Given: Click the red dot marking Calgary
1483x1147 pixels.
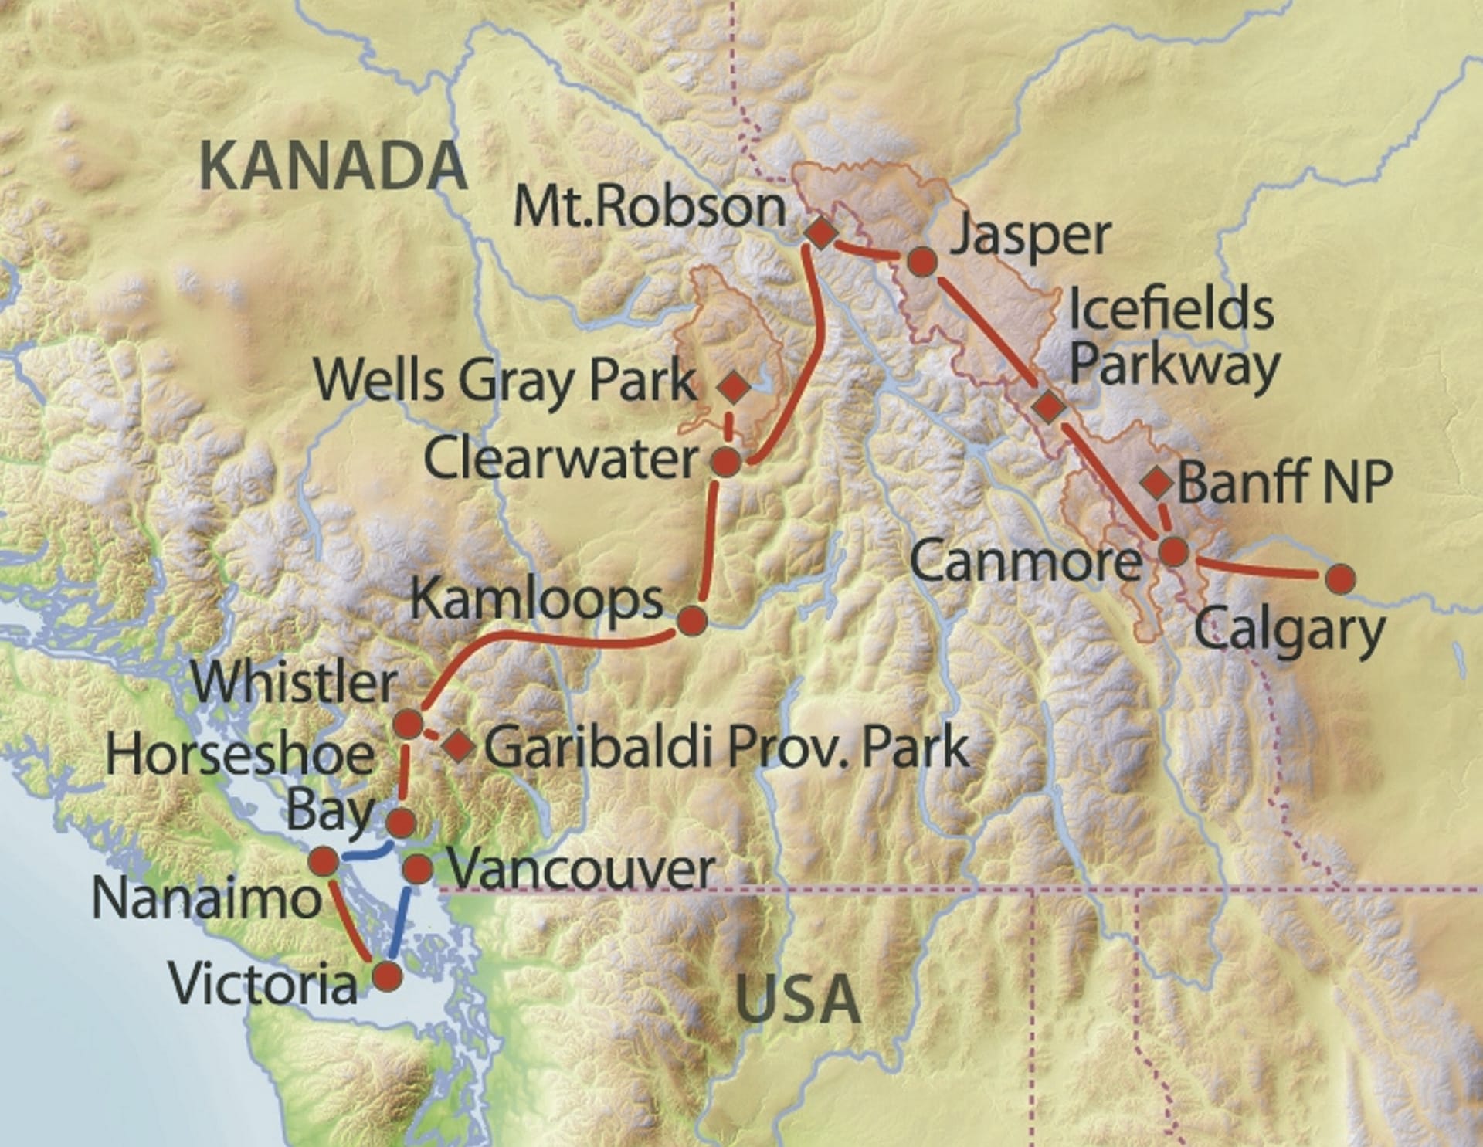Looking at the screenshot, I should click(x=1339, y=578).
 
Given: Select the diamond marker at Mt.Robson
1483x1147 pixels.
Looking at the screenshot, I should click(x=821, y=232).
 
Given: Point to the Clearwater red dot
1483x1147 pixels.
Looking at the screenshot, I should click(x=725, y=462).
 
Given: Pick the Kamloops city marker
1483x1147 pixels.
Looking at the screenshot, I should click(x=691, y=620).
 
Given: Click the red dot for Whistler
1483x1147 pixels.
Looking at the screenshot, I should click(x=409, y=724).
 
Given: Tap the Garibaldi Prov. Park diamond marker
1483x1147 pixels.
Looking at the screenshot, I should click(x=459, y=745).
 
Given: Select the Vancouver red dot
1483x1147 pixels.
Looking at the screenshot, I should click(x=419, y=869).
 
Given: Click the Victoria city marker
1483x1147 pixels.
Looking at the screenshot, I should click(x=388, y=976).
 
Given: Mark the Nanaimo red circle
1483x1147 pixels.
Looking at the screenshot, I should click(x=324, y=860).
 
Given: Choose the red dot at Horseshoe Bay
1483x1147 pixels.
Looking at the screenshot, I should click(x=400, y=823).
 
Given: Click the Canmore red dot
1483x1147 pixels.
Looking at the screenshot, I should click(x=1173, y=551).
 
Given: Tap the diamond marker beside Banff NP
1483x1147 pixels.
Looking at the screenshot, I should click(x=1157, y=482).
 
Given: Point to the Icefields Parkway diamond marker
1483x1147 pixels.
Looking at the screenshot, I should click(x=1049, y=406).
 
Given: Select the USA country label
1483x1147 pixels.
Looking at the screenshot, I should click(x=798, y=999).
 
